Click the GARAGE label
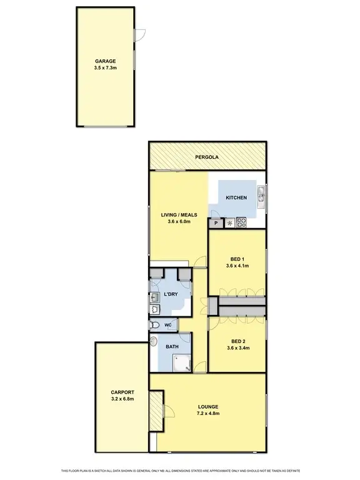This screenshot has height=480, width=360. click(x=106, y=61)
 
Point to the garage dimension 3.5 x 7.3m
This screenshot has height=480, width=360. click(x=106, y=68)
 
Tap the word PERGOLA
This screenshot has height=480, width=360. click(x=207, y=157)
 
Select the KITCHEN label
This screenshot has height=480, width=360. click(x=236, y=198)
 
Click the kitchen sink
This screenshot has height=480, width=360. click(x=262, y=197)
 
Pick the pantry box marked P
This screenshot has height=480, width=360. click(x=216, y=222)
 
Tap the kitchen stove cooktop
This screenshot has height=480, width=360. click(x=241, y=222)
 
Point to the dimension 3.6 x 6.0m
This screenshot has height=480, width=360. click(x=178, y=222)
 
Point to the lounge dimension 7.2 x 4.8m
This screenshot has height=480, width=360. click(x=207, y=413)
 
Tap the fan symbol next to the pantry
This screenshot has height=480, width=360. click(x=229, y=222)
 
